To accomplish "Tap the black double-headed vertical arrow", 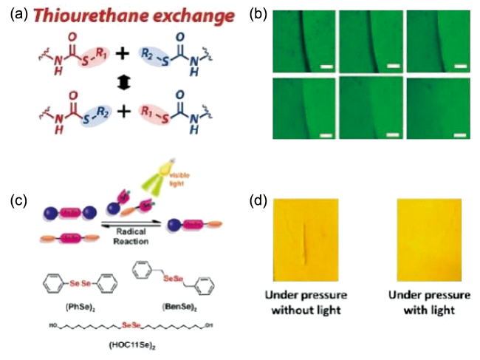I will coord(115,86).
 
